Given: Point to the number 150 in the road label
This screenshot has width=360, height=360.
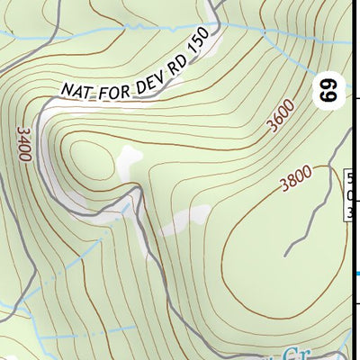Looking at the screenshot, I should coord(199,45).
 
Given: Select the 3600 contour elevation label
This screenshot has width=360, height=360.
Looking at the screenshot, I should coord(281,118).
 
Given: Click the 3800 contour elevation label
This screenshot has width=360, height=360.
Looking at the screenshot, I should coord(296,180).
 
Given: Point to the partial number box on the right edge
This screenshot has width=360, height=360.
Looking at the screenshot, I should coord(351,194).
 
